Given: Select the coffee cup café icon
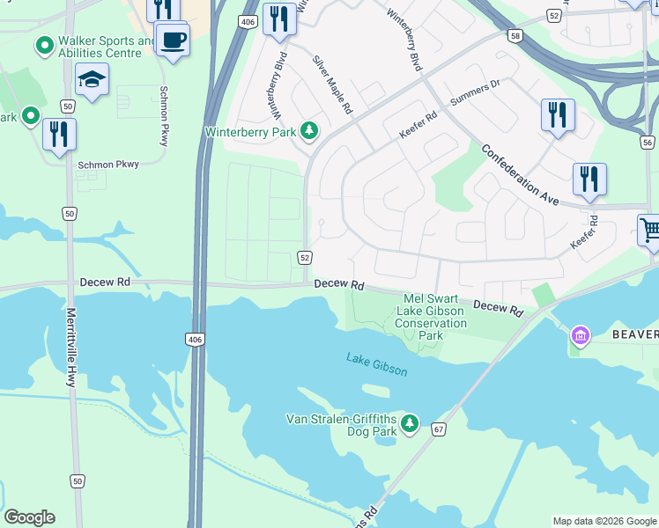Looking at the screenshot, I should pos(172,40).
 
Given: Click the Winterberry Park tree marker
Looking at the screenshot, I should pos(308,132).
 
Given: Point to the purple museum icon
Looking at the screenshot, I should pos(581,335).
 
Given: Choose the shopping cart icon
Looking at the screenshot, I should pos(650,231).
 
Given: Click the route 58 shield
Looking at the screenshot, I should pos(515,34).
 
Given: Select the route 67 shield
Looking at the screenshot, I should pos(438,429).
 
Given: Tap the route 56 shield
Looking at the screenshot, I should pos(648,142).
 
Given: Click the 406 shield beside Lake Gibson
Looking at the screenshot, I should pos(195,339).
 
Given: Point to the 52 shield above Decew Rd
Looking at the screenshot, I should pos(304,257).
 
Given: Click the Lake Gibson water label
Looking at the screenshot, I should pos(377,363).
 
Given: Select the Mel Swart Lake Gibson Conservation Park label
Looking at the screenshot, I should pos(431,317).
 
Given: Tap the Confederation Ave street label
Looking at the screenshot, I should pos(521,174).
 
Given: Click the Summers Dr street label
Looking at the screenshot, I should pos(475,93).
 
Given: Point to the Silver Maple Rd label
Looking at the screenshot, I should pos(333,85).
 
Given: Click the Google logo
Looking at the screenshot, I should pos(29,517).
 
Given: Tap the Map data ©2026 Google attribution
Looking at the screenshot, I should pos(603,521).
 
